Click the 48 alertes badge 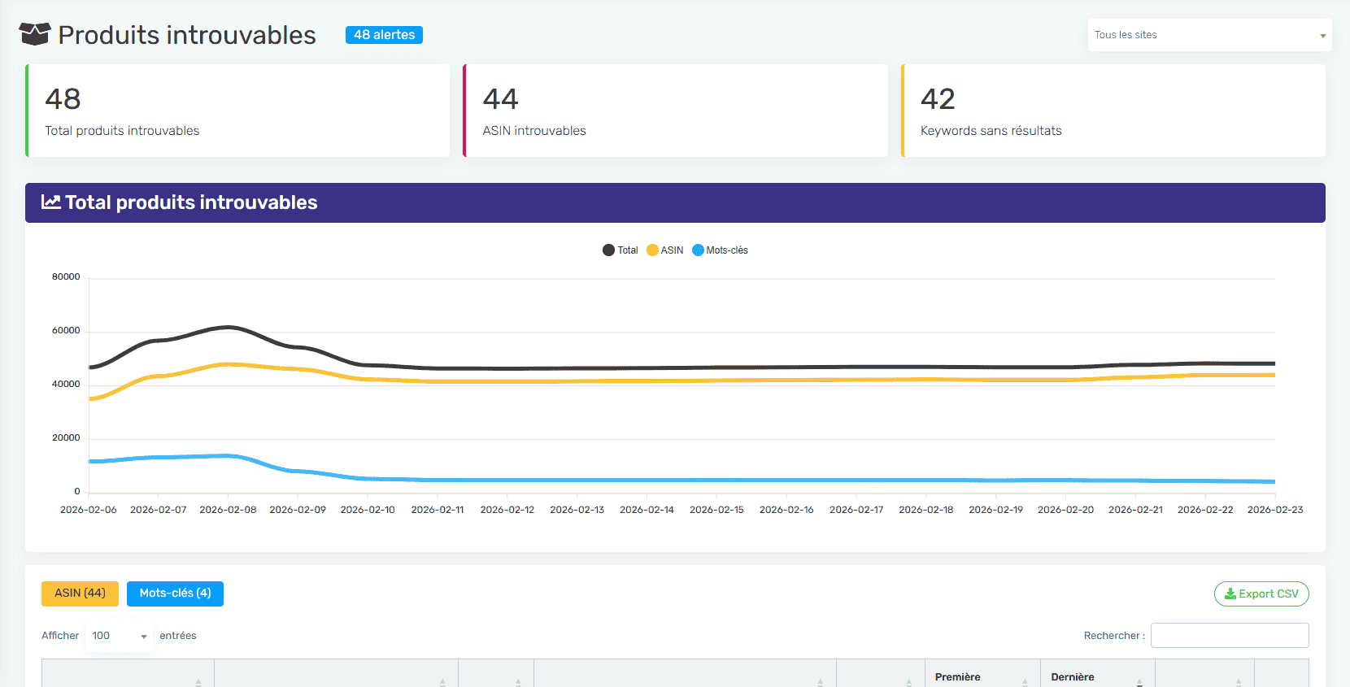pyautogui.click(x=384, y=35)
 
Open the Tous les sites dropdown pyautogui.click(x=1208, y=35)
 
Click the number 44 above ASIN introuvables pyautogui.click(x=500, y=99)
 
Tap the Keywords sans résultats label pyautogui.click(x=991, y=131)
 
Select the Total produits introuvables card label pyautogui.click(x=122, y=131)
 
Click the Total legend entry pyautogui.click(x=621, y=250)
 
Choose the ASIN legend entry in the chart pyautogui.click(x=665, y=250)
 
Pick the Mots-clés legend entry pyautogui.click(x=721, y=250)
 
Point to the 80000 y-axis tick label pyautogui.click(x=66, y=277)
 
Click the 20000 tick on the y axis pyautogui.click(x=66, y=438)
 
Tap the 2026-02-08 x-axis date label pyautogui.click(x=228, y=510)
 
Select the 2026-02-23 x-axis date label pyautogui.click(x=1274, y=510)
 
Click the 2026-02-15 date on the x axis pyautogui.click(x=716, y=510)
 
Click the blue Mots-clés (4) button pyautogui.click(x=175, y=594)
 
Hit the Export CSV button pyautogui.click(x=1261, y=594)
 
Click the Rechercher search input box pyautogui.click(x=1229, y=636)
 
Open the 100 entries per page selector pyautogui.click(x=119, y=636)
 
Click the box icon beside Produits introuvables pyautogui.click(x=35, y=34)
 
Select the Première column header pyautogui.click(x=957, y=676)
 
